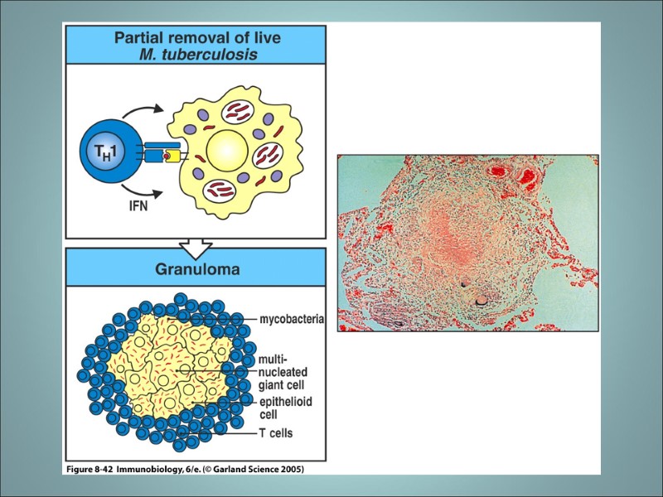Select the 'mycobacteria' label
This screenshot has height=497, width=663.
(x=290, y=318)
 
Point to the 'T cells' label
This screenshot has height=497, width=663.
(x=275, y=432)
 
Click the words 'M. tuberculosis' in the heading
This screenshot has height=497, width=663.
(x=197, y=55)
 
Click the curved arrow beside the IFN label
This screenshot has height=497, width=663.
(x=162, y=195)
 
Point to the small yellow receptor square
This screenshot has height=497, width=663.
(x=172, y=157)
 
